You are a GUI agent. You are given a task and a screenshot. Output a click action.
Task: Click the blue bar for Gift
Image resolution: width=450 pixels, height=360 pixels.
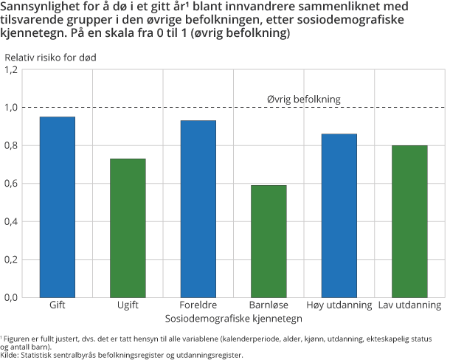pos(58,207)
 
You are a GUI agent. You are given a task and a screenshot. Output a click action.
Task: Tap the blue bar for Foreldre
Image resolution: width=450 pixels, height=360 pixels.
pos(198,209)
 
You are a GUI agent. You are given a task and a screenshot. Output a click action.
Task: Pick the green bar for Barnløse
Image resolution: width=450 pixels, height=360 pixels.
pos(269,240)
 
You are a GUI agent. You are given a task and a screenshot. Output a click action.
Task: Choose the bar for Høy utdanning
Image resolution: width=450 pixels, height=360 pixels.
pos(339,215)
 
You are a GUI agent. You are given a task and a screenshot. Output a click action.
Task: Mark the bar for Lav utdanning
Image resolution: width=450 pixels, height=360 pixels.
pos(409,221)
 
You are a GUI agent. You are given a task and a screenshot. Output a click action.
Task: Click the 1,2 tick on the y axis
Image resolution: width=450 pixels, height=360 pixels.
pos(10,70)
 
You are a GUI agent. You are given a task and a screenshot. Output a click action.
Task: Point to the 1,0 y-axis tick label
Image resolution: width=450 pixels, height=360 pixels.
pos(10,108)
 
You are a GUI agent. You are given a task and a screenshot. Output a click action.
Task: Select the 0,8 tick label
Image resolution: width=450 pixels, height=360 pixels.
pos(10,146)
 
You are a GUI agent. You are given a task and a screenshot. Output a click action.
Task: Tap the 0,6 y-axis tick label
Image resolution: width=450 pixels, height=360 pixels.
pos(10,184)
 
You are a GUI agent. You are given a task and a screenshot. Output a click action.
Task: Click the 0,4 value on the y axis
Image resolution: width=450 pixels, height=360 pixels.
pos(10,221)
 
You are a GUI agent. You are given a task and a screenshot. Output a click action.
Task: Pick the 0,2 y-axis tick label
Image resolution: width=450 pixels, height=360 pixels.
pos(10,260)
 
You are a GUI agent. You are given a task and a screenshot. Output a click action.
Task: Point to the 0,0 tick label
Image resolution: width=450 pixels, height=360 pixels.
pos(10,297)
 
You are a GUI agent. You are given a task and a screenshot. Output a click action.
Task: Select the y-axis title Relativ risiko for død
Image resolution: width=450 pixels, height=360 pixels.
pos(50,57)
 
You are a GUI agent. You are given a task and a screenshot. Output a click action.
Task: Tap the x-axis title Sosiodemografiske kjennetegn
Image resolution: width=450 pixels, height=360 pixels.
pos(233,318)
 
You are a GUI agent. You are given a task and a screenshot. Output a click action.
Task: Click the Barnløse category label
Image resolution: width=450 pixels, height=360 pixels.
pos(269,305)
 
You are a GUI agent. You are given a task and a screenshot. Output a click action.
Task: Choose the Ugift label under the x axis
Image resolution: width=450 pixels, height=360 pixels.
pos(128,305)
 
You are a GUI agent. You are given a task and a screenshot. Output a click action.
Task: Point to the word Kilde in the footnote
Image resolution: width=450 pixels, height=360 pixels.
pos(10,355)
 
